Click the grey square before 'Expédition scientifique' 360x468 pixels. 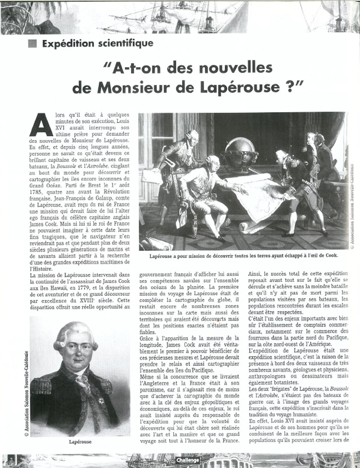tap(32, 43)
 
